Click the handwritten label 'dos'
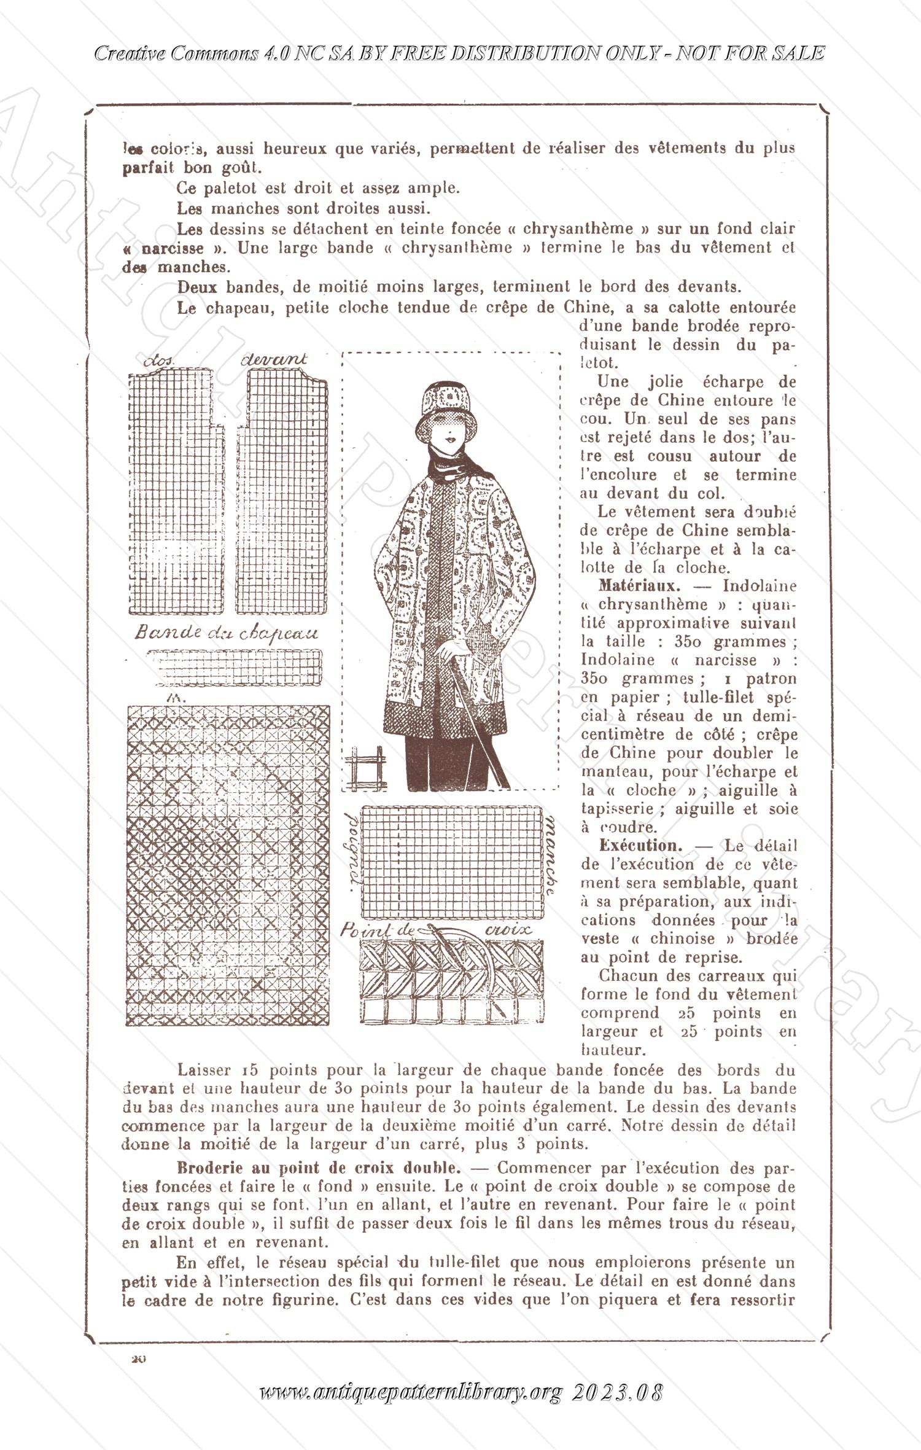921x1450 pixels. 159,362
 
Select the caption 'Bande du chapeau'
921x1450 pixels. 227,633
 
